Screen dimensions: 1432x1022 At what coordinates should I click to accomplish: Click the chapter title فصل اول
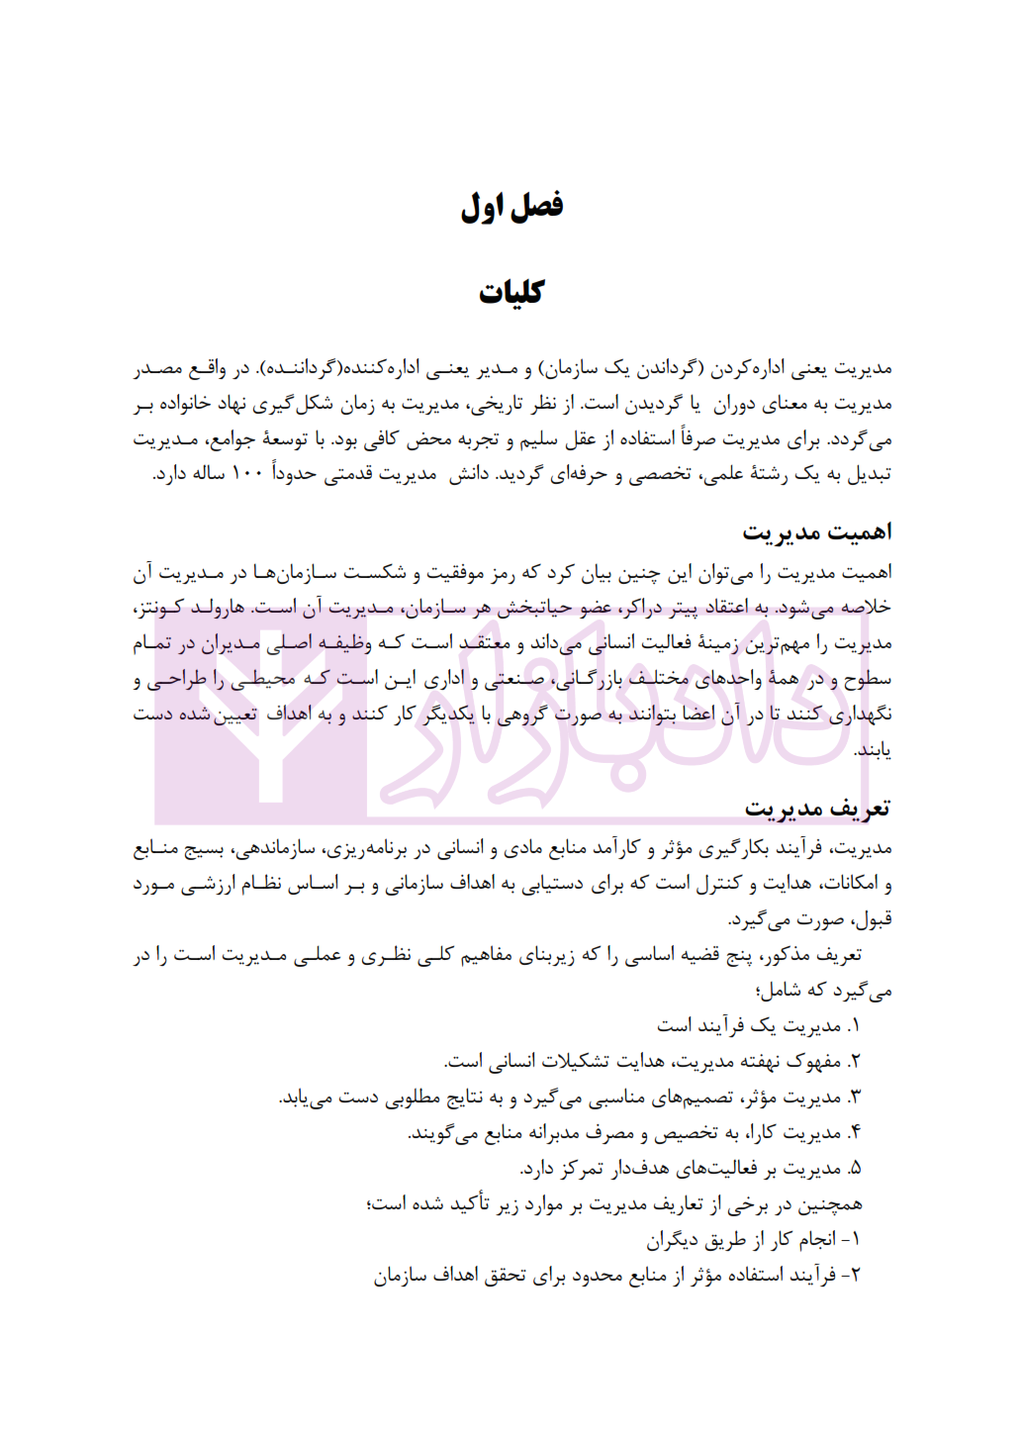(511, 207)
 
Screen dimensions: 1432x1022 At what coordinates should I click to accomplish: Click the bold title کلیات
(511, 292)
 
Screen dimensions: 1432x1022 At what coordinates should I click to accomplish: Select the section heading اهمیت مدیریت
(817, 532)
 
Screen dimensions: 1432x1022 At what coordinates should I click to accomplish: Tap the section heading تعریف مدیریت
(817, 810)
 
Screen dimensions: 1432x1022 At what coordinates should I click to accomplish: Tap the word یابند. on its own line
(874, 750)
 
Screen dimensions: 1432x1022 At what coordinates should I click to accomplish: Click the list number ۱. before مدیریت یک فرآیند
(854, 1026)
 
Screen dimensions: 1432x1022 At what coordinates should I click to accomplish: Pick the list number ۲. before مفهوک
(854, 1062)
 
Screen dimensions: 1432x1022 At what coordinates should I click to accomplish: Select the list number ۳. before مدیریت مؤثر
(854, 1098)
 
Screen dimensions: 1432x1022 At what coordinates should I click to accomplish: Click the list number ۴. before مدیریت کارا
(854, 1133)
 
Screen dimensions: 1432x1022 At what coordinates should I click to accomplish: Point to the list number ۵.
(854, 1169)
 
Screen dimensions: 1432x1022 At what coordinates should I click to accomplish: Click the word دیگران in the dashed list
(675, 1240)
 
